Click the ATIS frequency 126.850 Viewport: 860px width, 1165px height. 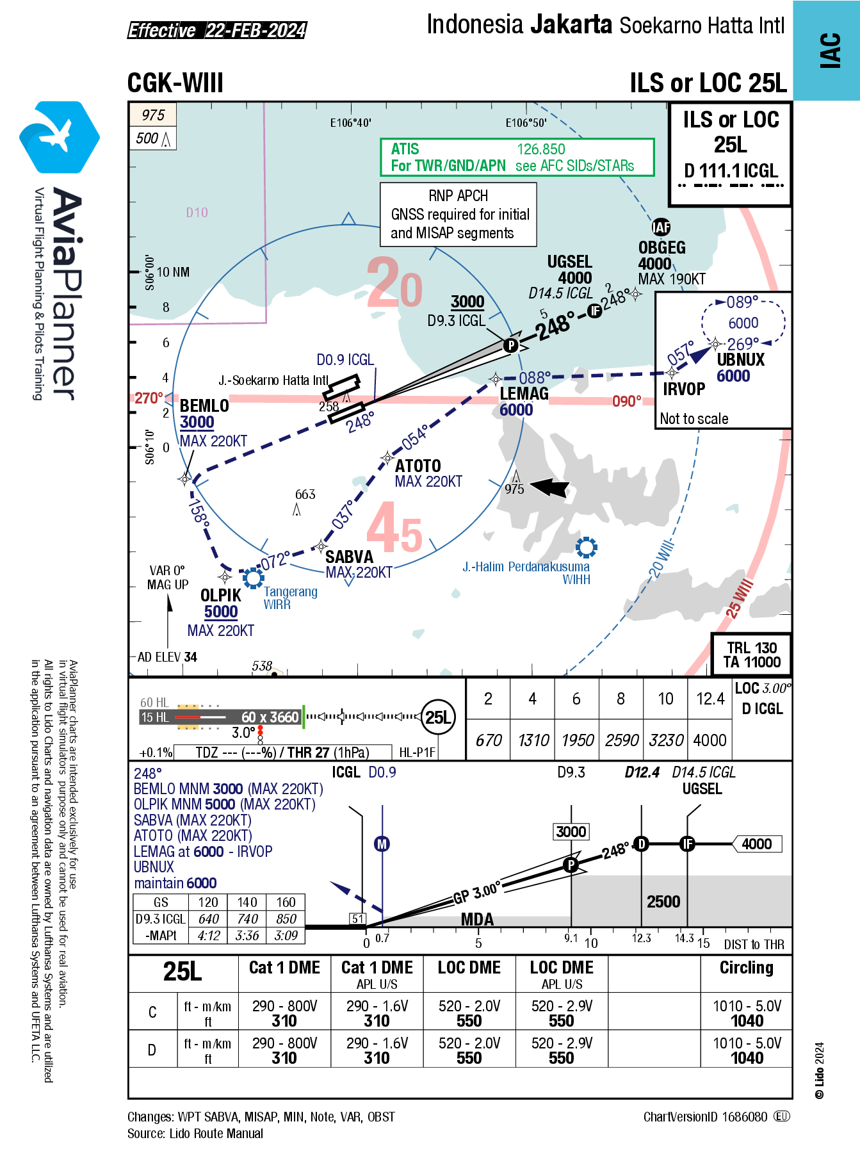540,149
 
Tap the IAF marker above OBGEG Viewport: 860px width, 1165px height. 661,227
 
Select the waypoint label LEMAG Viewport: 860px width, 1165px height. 524,393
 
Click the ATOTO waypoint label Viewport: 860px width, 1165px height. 418,466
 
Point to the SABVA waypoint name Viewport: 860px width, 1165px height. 349,557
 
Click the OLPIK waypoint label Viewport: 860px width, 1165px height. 221,595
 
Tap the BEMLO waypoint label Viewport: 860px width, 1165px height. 204,406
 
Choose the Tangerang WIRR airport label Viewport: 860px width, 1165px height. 290,598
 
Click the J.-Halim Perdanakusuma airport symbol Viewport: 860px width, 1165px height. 586,547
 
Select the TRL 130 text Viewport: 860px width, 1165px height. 752,648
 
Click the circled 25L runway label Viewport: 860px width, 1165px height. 438,717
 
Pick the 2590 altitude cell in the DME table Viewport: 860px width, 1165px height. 621,740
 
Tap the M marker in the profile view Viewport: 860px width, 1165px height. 382,844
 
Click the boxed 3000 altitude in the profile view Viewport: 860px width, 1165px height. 571,832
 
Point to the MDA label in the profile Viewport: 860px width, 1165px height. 477,920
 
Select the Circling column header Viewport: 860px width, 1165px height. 746,968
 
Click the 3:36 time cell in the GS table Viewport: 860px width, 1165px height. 247,936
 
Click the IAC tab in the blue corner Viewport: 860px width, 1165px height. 830,50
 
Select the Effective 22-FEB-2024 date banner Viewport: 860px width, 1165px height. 217,30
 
